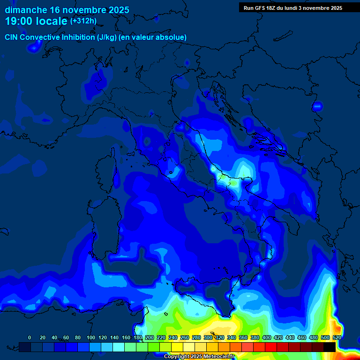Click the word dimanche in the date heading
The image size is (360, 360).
(25, 10)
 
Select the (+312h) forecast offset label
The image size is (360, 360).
(83, 21)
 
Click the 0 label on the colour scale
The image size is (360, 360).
(30, 337)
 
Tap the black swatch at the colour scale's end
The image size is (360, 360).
(329, 346)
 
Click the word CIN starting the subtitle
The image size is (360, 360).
(12, 37)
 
